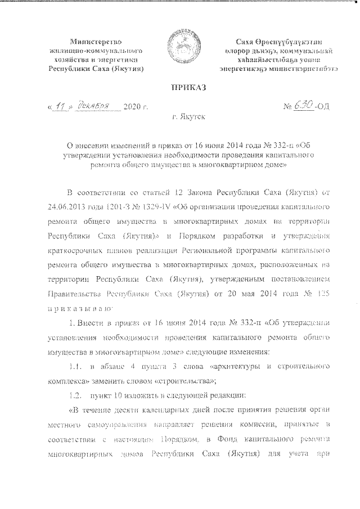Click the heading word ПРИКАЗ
(179, 87)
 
